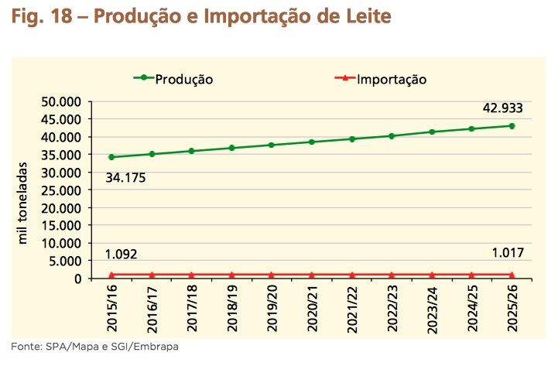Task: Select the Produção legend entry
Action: [183, 79]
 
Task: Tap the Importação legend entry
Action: [391, 79]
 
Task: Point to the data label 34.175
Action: [126, 178]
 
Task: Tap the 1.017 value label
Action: [508, 252]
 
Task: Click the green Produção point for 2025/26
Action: [512, 126]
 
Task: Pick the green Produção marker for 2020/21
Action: [311, 142]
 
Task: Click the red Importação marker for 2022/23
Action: [391, 275]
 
